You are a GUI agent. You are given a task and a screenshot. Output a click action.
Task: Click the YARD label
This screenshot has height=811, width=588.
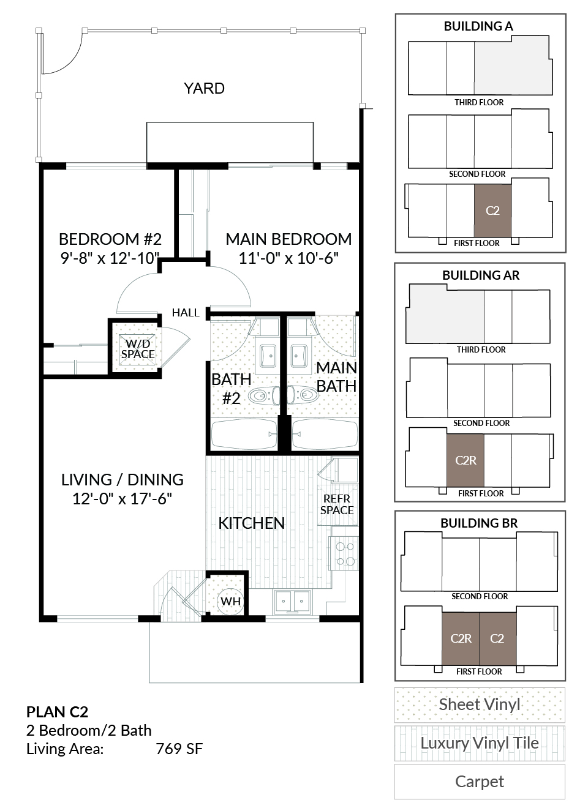(x=204, y=88)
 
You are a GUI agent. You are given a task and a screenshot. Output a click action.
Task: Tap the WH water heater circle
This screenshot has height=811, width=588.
(x=230, y=602)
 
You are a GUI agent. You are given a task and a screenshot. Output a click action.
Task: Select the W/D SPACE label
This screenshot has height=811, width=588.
(x=138, y=349)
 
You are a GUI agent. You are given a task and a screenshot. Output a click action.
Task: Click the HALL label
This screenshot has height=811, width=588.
(x=186, y=312)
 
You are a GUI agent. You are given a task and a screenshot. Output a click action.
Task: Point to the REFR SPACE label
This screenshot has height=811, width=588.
(x=337, y=504)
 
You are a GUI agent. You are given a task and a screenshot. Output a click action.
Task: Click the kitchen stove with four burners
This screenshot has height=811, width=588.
(x=344, y=553)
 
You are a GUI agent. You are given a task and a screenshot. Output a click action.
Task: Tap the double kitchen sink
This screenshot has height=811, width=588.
(x=292, y=602)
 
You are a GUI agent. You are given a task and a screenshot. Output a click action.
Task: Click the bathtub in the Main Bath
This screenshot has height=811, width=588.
(x=325, y=434)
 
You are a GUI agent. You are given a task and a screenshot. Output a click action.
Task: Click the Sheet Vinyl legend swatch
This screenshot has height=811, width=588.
(x=480, y=704)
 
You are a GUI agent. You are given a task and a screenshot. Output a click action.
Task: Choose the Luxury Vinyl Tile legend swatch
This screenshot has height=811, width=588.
(x=480, y=743)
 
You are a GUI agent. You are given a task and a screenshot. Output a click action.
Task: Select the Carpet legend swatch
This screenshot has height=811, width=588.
(x=480, y=782)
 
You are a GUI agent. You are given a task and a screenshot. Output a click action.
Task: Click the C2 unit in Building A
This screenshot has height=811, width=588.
(x=492, y=211)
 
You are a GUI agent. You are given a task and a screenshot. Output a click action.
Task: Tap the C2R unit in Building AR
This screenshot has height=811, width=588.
(x=466, y=460)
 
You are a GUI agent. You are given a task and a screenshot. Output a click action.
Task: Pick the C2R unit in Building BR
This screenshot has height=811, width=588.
(x=461, y=638)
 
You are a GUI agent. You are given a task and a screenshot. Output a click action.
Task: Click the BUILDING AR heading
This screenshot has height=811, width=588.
(x=481, y=275)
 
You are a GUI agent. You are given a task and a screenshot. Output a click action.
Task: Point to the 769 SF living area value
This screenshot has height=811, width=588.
(x=179, y=749)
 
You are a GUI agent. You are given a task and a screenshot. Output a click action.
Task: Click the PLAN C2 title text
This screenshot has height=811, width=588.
(x=57, y=712)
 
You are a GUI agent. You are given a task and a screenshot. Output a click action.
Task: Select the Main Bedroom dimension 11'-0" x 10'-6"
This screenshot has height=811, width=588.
(x=288, y=258)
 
